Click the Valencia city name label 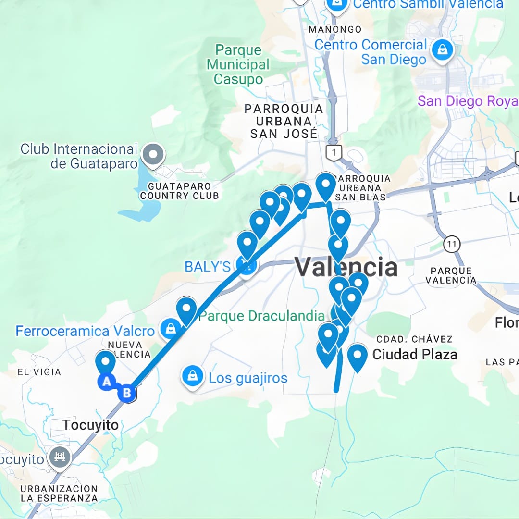pyautogui.click(x=346, y=267)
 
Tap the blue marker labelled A pyautogui.click(x=107, y=382)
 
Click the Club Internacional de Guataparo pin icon pyautogui.click(x=153, y=155)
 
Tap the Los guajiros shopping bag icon pyautogui.click(x=192, y=376)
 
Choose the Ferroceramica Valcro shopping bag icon pyautogui.click(x=170, y=329)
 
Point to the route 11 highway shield pyautogui.click(x=451, y=244)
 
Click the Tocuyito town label pyautogui.click(x=90, y=425)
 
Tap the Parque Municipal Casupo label pyautogui.click(x=238, y=64)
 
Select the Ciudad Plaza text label pyautogui.click(x=414, y=355)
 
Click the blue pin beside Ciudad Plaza pyautogui.click(x=357, y=356)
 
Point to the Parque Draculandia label pyautogui.click(x=261, y=316)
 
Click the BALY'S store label pyautogui.click(x=208, y=267)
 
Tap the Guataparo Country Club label pyautogui.click(x=179, y=191)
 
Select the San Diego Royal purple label pyautogui.click(x=467, y=101)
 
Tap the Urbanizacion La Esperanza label pyautogui.click(x=59, y=494)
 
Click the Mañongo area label pyautogui.click(x=335, y=29)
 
